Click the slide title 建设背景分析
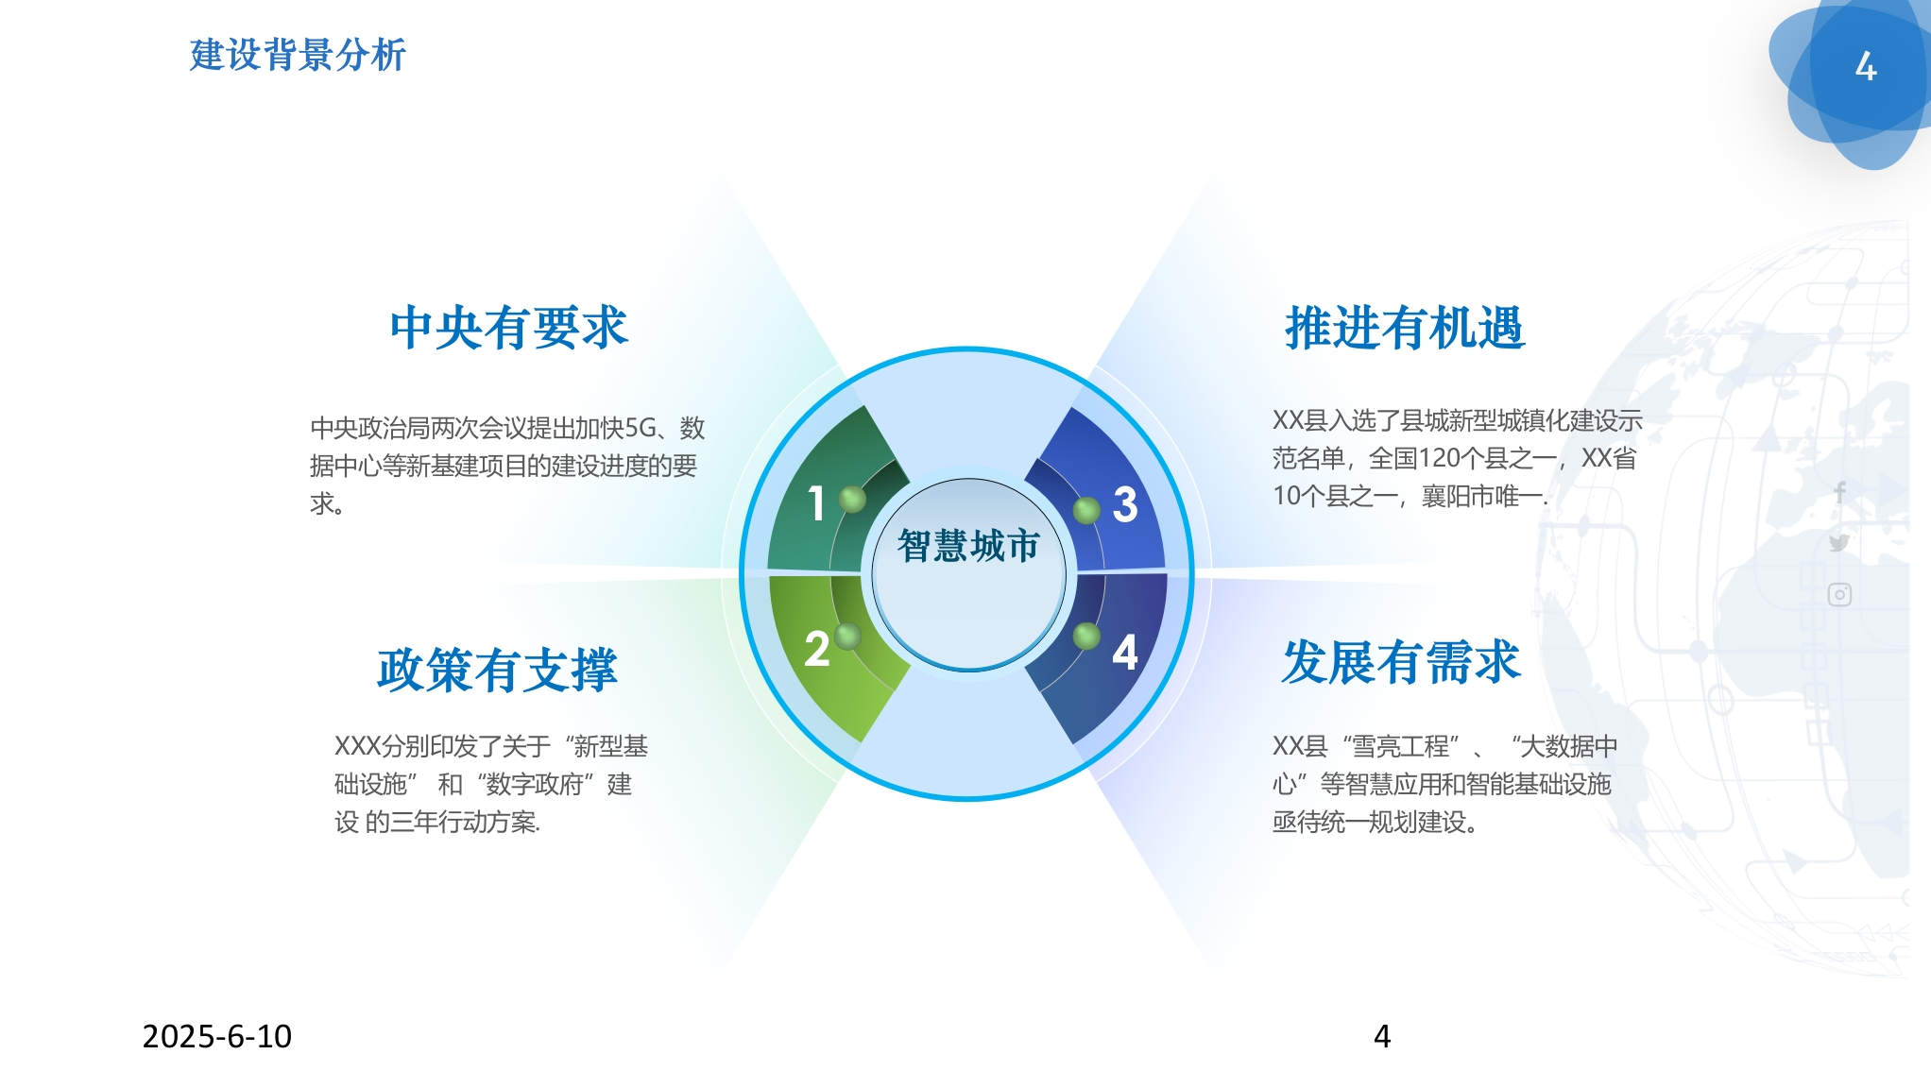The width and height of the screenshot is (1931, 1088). coord(298,55)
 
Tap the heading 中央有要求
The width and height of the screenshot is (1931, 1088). coord(509,328)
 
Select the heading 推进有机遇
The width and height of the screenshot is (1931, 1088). coord(1405,328)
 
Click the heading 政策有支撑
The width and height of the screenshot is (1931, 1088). coord(497,670)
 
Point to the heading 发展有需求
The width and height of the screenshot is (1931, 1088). coord(1401,661)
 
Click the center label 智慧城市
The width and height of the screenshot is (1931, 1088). coord(968,546)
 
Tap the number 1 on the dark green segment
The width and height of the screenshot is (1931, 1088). coord(816,503)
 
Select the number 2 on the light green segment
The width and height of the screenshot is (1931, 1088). coord(817,650)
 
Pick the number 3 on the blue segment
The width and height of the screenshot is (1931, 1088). coord(1125,504)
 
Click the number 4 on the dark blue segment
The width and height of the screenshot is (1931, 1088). coord(1125,652)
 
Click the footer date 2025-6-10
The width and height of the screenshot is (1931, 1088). coord(217,1036)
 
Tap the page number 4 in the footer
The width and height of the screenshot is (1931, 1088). coord(1382,1036)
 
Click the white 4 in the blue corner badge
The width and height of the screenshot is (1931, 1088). coord(1866,66)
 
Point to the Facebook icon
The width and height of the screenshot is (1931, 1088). coord(1839,492)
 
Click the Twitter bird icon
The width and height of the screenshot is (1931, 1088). coord(1838,542)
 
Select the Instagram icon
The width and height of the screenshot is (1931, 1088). coord(1839,594)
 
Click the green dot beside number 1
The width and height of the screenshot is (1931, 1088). coord(852,499)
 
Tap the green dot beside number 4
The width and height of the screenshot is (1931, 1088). coord(1086,636)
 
